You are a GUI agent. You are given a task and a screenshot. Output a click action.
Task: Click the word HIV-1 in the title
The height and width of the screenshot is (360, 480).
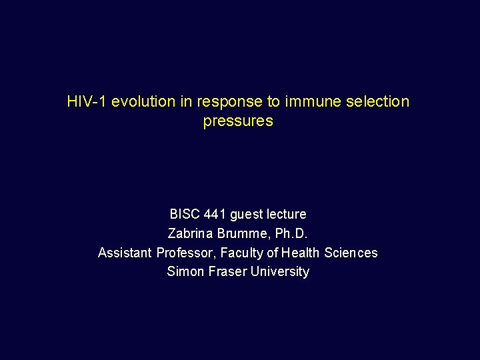click(87, 102)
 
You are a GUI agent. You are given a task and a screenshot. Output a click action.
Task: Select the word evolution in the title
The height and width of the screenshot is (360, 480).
click(143, 102)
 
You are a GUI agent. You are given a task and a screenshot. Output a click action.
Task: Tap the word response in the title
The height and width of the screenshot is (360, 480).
click(226, 102)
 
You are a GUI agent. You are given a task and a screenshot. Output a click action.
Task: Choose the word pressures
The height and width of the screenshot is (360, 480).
click(238, 121)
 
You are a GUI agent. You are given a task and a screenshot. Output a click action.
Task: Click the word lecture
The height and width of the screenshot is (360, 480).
click(287, 215)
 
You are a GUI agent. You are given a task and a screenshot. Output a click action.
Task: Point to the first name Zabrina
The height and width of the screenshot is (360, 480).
click(189, 234)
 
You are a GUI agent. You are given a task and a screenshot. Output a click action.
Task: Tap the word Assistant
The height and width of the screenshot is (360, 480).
click(125, 253)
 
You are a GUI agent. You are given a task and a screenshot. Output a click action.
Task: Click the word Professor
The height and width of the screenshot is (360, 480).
click(183, 253)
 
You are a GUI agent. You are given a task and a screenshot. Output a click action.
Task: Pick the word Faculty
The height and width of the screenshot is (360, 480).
click(239, 253)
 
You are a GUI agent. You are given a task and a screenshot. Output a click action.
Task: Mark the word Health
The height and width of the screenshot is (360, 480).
click(301, 253)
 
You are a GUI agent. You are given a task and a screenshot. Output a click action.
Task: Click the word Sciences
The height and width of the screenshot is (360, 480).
click(351, 253)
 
